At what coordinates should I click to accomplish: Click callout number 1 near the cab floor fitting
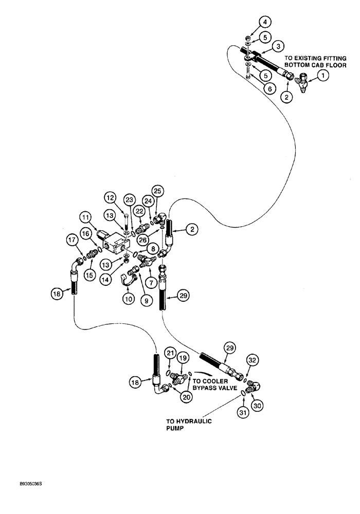coord(322,76)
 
